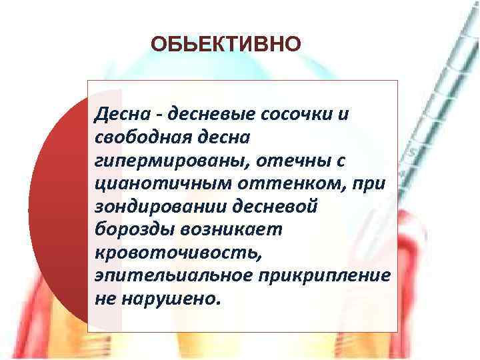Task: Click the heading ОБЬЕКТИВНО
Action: click(226, 45)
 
